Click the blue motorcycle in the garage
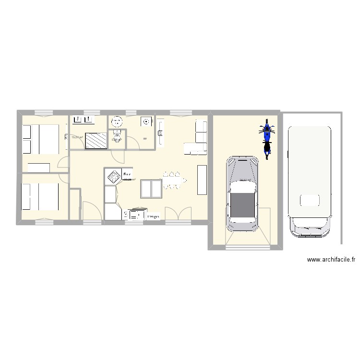[x=267, y=139]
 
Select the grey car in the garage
[x=242, y=192]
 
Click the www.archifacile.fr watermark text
[x=331, y=260]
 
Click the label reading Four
[x=127, y=175]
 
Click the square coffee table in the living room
[x=151, y=189]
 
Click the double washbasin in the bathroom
[x=83, y=119]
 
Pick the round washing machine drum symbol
[x=146, y=121]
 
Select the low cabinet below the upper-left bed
[x=39, y=168]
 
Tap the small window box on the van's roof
[x=309, y=200]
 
